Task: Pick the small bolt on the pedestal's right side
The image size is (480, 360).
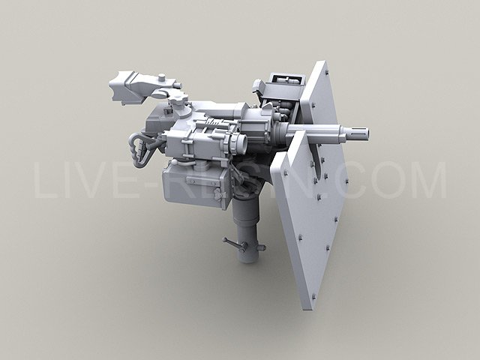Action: [x=262, y=247]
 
